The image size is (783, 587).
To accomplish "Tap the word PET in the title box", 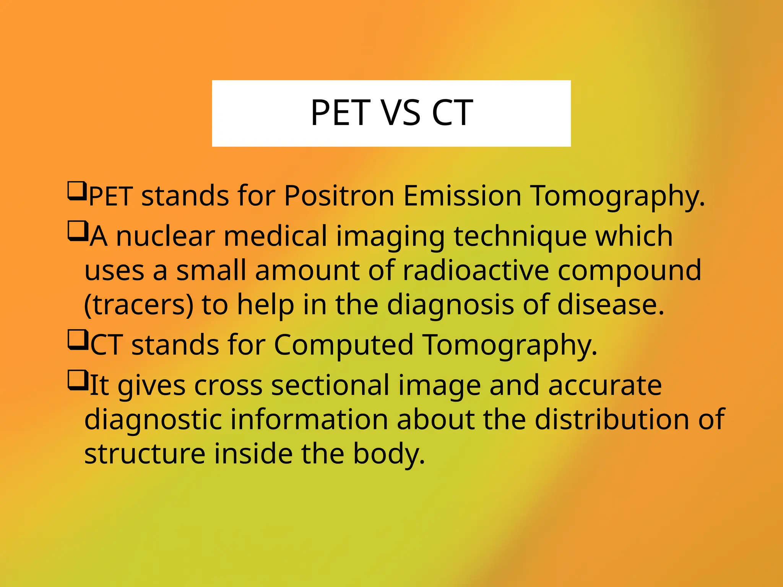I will tap(341, 113).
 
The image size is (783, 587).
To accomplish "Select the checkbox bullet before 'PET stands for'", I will tap(77, 191).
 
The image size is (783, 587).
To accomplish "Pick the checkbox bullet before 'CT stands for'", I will tap(78, 340).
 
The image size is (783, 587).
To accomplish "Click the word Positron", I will tap(339, 196).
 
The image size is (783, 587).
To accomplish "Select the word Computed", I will tap(344, 345).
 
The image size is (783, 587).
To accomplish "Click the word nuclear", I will tap(165, 236).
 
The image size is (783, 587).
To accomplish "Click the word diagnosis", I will tap(450, 305).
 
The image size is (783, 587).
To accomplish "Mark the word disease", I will tap(611, 305).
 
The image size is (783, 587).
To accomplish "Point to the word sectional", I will tap(330, 385).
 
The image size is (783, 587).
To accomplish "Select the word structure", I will tap(145, 454).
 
